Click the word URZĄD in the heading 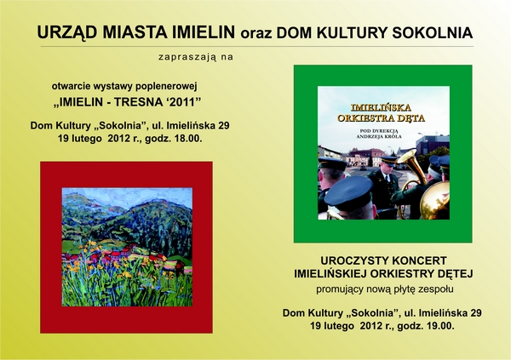pyautogui.click(x=66, y=32)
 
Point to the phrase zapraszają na pyautogui.click(x=196, y=57)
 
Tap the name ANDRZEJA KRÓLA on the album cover pyautogui.click(x=379, y=137)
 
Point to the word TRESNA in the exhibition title pyautogui.click(x=135, y=102)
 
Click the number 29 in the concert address pyautogui.click(x=476, y=313)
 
